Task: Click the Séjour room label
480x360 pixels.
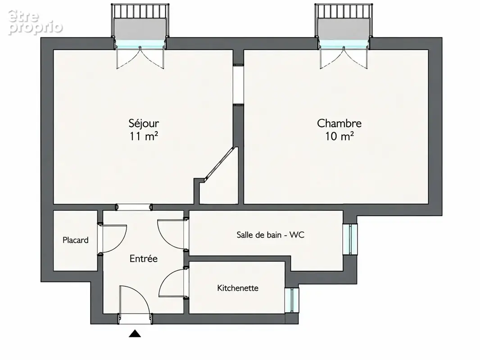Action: coord(144,123)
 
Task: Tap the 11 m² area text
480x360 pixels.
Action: coord(144,136)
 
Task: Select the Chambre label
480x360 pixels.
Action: coord(339,123)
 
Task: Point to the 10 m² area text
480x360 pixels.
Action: coord(339,136)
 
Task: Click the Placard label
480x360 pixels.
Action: coord(75,240)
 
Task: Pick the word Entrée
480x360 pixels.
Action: coord(144,259)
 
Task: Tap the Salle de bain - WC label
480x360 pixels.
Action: coord(270,235)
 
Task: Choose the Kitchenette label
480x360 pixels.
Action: coord(238,288)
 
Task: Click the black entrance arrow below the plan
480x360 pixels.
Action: coord(135,333)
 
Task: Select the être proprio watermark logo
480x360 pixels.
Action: coord(35,22)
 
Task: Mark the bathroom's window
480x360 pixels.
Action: coord(350,239)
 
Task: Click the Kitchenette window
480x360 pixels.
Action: coord(291,300)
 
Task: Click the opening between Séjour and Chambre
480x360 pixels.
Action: coord(238,85)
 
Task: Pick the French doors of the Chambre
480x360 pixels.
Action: coord(344,58)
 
